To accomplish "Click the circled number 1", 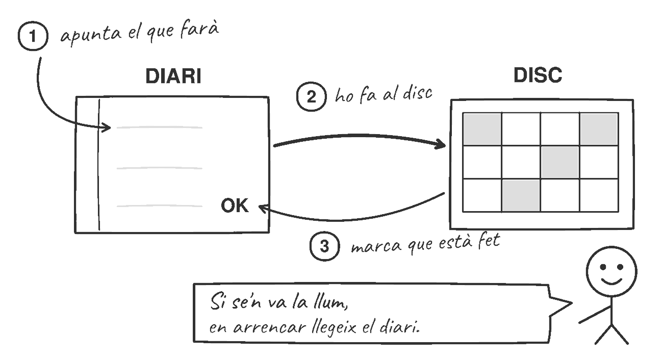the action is (33, 36).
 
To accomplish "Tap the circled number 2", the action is (312, 96).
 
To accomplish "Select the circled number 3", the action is (325, 246).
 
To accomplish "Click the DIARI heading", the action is (173, 76).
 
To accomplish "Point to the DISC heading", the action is (538, 75).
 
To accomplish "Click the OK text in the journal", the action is (235, 205).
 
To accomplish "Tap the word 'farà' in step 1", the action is (199, 30).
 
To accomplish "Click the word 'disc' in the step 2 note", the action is (417, 93).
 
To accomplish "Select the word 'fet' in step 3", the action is (489, 240).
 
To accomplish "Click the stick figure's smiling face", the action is (611, 271).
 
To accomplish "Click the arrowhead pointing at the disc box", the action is (441, 144).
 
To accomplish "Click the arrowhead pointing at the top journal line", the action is (107, 127).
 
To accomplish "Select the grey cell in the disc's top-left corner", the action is (482, 129).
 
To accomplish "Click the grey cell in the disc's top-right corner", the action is (599, 129).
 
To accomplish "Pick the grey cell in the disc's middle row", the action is (559, 162).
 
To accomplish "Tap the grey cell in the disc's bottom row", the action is (521, 195).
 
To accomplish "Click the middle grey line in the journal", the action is (160, 168).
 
